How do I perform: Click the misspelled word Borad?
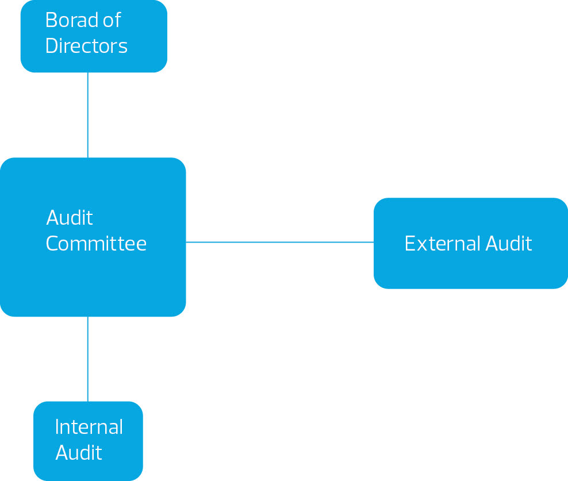point(71,21)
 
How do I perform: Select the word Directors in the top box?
point(86,46)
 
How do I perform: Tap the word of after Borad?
point(112,21)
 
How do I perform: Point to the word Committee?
point(96,244)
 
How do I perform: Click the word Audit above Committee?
point(70,218)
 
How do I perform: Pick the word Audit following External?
point(509,244)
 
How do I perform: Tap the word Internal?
point(89,427)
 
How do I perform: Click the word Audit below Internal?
point(79,453)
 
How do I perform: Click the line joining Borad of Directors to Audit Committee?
point(88,115)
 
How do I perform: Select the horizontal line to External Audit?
point(279,242)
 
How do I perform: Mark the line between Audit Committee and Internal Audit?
point(88,359)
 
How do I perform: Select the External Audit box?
point(470,270)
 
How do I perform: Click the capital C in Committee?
point(53,244)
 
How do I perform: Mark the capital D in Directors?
point(52,46)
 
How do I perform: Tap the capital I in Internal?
point(57,427)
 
